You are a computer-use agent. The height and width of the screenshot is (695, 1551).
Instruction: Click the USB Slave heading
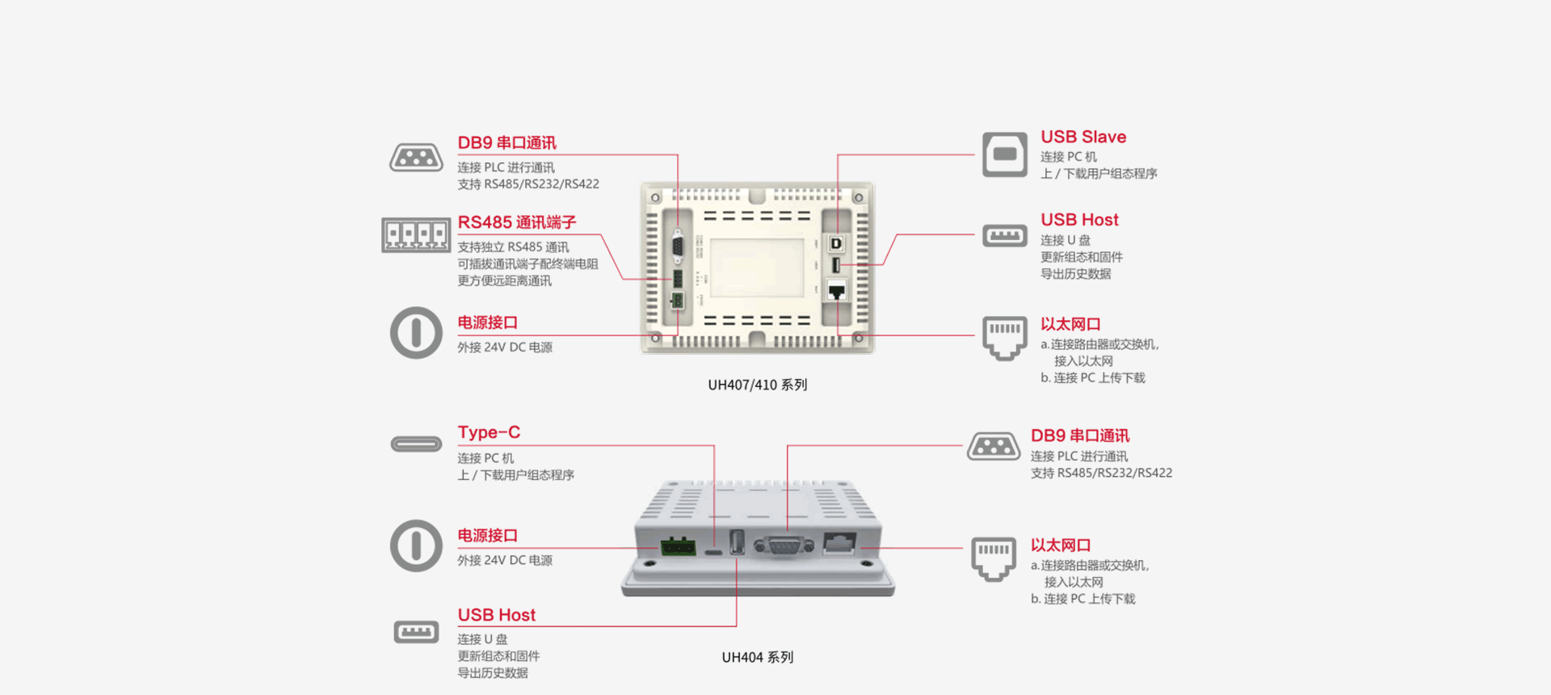tap(1082, 137)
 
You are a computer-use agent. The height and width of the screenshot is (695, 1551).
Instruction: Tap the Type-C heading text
tap(489, 432)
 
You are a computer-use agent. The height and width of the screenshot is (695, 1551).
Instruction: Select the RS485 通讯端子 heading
tap(516, 222)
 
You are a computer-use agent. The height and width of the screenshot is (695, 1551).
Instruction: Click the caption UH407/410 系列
tap(757, 385)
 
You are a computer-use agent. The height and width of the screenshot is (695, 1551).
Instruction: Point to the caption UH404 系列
tap(757, 657)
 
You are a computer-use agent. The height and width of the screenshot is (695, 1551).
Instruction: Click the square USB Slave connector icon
tap(1004, 154)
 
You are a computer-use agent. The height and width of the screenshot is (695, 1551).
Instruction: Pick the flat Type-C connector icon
tap(416, 444)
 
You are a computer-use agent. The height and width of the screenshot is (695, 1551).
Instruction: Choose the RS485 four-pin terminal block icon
tap(416, 235)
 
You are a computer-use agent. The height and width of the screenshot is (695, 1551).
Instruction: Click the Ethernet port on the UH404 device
tap(839, 543)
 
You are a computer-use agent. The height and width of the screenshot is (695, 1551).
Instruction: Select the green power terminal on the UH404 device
tap(678, 546)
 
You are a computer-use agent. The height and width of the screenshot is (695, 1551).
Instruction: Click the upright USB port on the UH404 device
tap(737, 541)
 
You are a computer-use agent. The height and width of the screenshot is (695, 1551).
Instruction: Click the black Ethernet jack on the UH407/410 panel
tap(837, 292)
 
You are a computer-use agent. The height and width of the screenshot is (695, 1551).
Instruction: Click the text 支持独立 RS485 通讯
tap(513, 247)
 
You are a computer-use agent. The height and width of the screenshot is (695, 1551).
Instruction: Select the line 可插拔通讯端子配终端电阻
tap(528, 264)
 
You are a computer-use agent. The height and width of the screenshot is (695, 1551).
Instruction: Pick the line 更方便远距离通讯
tap(504, 281)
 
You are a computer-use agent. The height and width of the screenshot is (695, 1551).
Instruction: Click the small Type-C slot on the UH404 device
tap(714, 553)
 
